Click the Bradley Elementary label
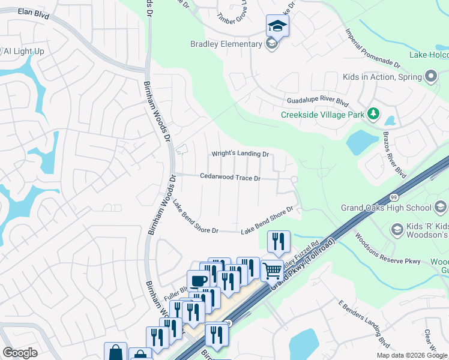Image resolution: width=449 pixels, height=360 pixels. (226, 44)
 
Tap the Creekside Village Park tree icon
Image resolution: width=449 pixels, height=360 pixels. (373, 113)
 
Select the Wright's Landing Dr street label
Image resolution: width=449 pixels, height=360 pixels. (240, 154)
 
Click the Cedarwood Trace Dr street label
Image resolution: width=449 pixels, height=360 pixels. (230, 178)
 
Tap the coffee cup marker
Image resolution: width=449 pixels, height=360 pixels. (198, 280)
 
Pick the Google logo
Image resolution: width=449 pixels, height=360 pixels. (20, 353)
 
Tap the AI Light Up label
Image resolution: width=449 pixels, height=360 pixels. (24, 52)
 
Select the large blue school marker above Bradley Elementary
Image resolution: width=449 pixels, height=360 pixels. (277, 26)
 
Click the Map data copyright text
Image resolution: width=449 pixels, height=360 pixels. (411, 355)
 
